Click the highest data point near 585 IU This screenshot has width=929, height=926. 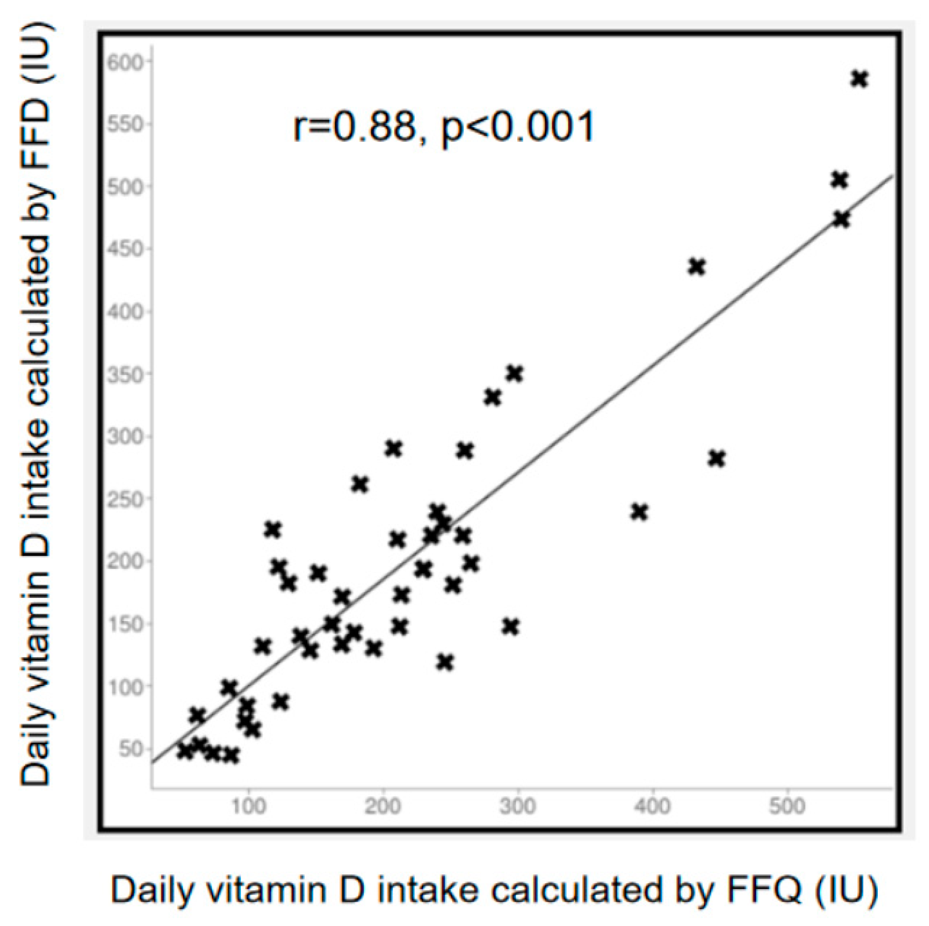(x=859, y=78)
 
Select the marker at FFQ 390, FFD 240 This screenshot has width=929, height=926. (x=640, y=512)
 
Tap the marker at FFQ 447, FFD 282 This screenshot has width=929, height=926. (x=717, y=458)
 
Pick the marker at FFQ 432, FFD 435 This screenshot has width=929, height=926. (x=697, y=266)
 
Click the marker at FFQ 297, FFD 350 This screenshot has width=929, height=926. (x=514, y=374)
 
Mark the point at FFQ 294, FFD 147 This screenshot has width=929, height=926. (x=511, y=627)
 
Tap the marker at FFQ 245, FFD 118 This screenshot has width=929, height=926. (x=445, y=662)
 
